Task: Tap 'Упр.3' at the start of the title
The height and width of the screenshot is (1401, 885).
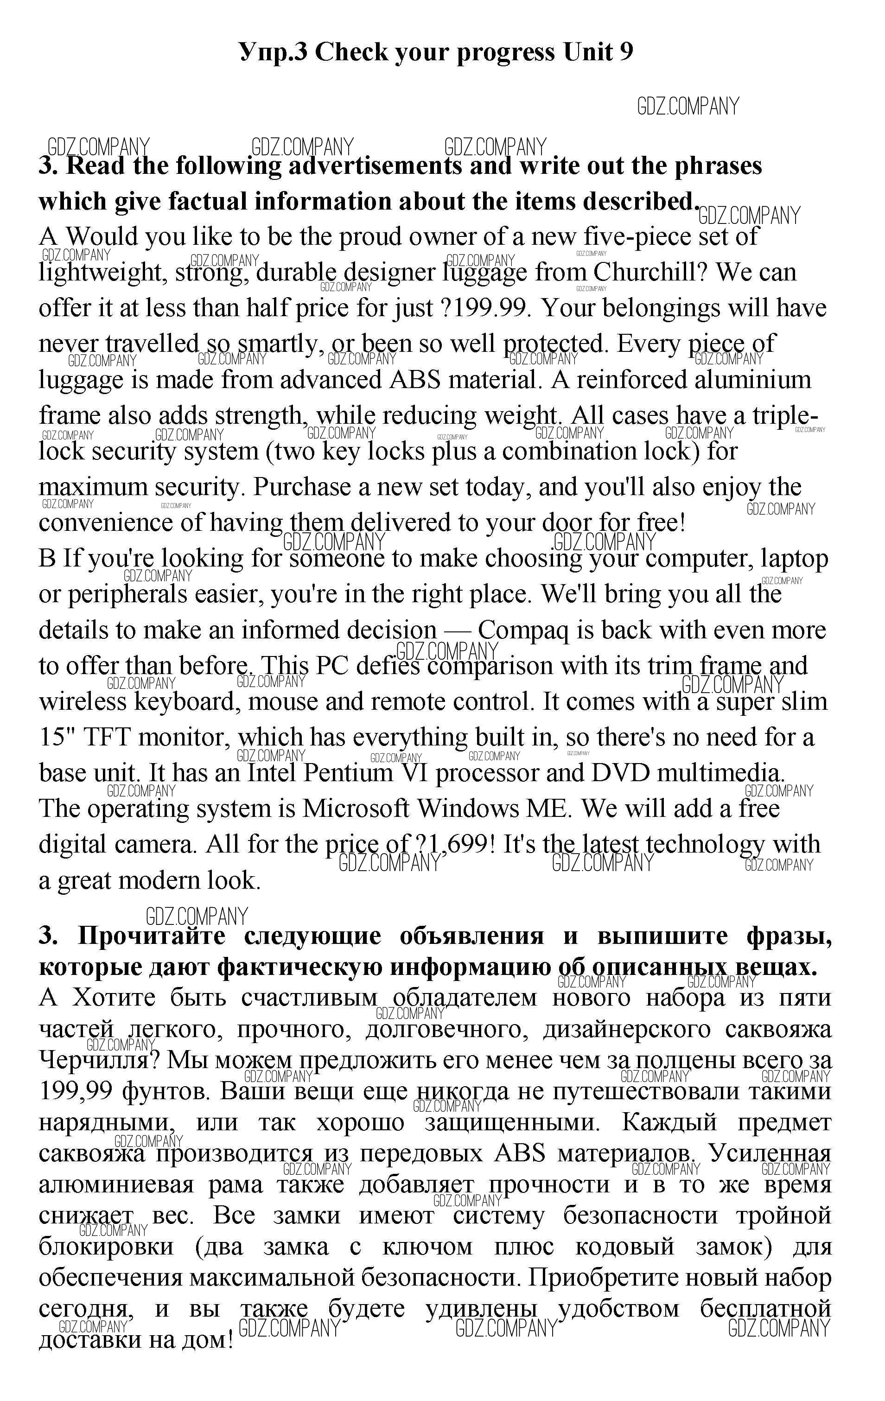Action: (x=273, y=52)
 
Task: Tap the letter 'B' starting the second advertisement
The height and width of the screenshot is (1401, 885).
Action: (x=47, y=559)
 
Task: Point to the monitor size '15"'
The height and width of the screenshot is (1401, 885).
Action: (x=55, y=738)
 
